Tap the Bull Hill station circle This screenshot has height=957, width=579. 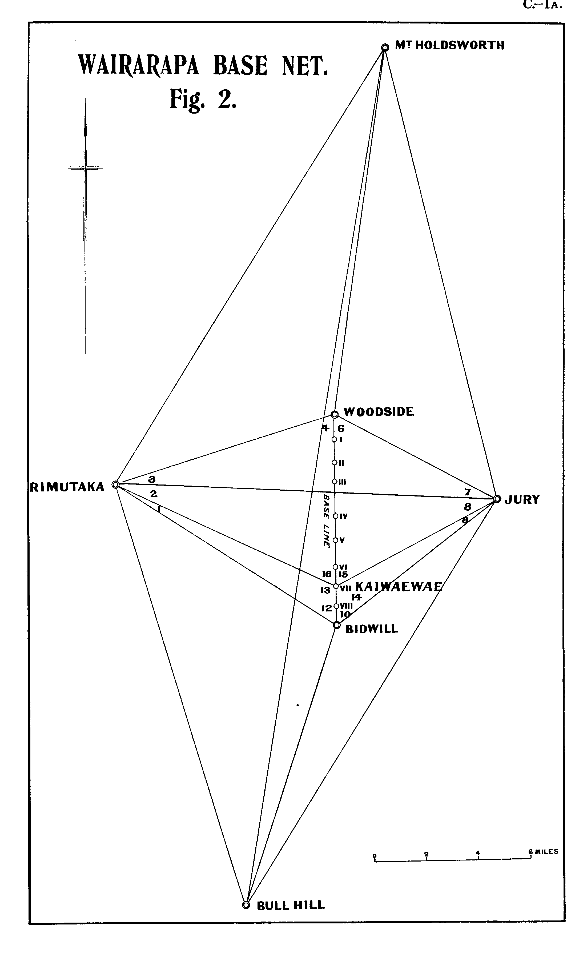coord(246,905)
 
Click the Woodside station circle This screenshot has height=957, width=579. coord(334,414)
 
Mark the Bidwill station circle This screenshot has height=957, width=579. coord(337,624)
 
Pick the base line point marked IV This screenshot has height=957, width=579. coord(335,516)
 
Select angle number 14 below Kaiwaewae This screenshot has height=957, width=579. coord(356,597)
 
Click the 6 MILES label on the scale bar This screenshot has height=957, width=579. coord(543,851)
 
